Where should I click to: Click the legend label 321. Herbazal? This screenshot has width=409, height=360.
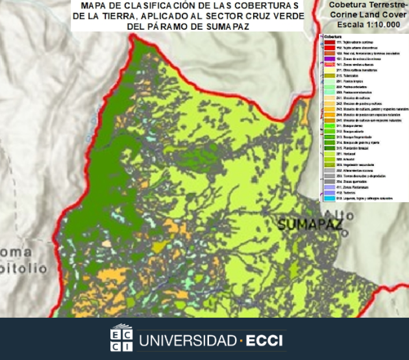[346, 154]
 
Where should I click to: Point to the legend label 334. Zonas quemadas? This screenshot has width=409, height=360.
[351, 181]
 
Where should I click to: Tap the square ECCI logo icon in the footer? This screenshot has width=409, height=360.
[121, 338]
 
